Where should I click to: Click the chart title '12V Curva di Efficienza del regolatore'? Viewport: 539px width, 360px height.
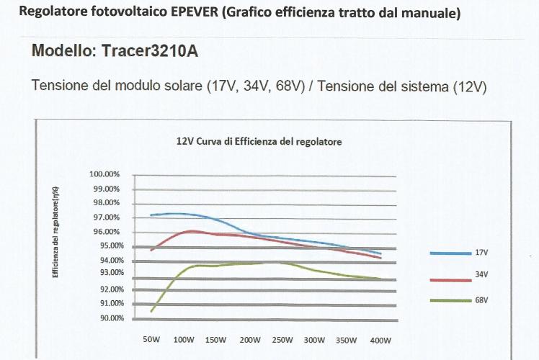(259, 142)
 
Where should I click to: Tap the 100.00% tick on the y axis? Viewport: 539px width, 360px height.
(104, 174)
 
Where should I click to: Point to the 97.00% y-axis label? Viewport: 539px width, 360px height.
(104, 217)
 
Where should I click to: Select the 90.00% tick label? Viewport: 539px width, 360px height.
(104, 318)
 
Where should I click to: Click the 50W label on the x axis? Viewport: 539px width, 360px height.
(151, 340)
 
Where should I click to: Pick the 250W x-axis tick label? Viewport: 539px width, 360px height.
(282, 340)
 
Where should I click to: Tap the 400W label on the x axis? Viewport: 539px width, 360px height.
(380, 340)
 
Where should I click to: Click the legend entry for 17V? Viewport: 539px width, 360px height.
(481, 253)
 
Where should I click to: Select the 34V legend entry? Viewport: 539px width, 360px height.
(481, 274)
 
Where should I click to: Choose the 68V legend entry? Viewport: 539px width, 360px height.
(481, 299)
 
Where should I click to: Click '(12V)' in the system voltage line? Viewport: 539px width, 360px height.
(469, 87)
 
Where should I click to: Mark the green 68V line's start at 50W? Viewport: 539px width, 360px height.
(151, 311)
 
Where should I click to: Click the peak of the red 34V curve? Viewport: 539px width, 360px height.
(192, 230)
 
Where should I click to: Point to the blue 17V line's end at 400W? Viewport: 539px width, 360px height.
(380, 253)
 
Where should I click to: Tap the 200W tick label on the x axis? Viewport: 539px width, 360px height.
(249, 340)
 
